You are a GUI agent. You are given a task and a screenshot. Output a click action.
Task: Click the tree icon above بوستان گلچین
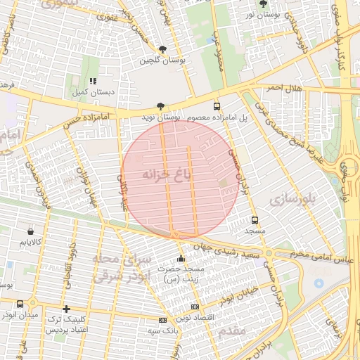pyautogui.click(x=163, y=50)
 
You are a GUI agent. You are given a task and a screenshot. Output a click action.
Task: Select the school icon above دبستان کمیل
pyautogui.click(x=94, y=81)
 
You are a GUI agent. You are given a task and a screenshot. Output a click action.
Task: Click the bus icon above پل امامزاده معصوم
pyautogui.click(x=216, y=105)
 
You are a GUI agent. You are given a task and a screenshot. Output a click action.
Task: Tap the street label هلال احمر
pyautogui.click(x=283, y=87)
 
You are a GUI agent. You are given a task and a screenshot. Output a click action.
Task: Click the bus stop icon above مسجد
pyautogui.click(x=254, y=219)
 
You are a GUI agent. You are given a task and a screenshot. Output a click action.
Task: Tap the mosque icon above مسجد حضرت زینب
pyautogui.click(x=181, y=259)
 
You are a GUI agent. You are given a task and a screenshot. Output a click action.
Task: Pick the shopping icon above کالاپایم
pyautogui.click(x=30, y=231)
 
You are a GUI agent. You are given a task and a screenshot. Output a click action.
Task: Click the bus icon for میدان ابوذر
pyautogui.click(x=19, y=304)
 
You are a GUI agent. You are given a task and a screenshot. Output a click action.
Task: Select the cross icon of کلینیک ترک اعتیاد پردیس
pyautogui.click(x=66, y=309)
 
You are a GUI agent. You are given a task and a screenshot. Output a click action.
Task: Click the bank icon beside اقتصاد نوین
pyautogui.click(x=195, y=307)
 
